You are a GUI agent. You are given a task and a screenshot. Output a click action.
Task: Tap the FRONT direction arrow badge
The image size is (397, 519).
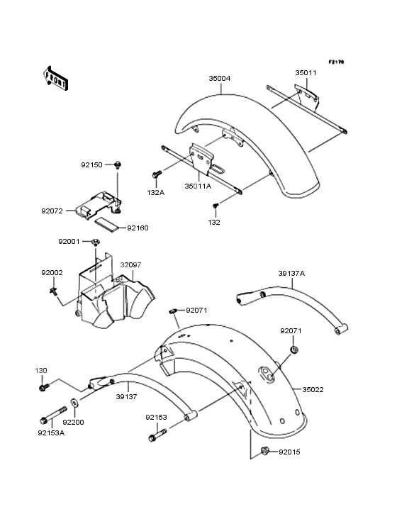tap(57, 77)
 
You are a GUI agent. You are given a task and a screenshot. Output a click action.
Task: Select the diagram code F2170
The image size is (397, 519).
tap(335, 62)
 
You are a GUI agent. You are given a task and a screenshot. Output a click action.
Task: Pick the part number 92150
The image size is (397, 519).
tap(91, 164)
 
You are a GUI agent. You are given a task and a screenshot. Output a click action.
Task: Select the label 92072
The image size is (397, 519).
tap(52, 211)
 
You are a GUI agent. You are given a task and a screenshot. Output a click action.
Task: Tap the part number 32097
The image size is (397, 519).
tap(130, 264)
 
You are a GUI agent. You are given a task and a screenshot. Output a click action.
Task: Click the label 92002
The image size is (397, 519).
tap(52, 273)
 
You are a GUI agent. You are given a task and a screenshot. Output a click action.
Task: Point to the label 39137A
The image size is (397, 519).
tap(291, 272)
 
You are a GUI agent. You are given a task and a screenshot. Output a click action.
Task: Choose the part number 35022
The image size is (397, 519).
tap(314, 389)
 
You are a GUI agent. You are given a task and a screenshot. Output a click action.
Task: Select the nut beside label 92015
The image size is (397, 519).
tap(264, 451)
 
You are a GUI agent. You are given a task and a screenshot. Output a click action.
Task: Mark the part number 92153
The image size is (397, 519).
tap(157, 418)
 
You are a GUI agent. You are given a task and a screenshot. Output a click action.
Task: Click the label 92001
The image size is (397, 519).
tap(69, 241)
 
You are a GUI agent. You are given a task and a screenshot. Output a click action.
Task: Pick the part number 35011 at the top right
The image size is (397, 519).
tap(306, 72)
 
